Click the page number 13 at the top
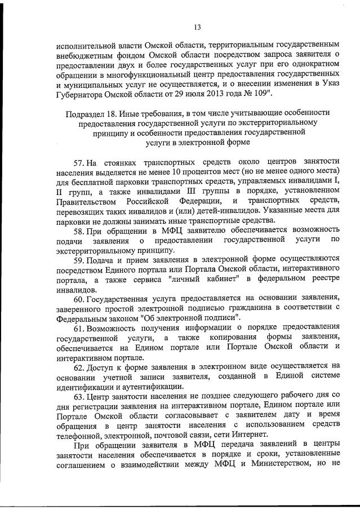point(197,26)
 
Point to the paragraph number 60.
point(80,298)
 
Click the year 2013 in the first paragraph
point(212,92)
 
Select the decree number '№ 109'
point(260,92)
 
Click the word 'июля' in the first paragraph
point(186,92)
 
